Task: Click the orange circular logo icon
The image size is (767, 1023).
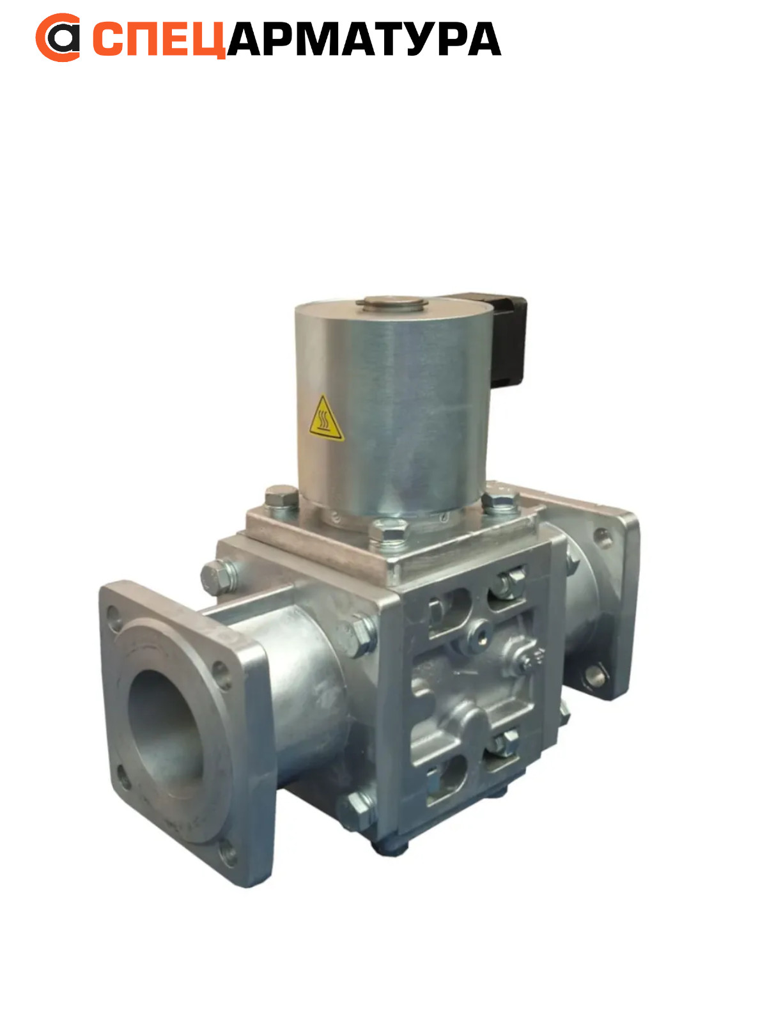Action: [58, 38]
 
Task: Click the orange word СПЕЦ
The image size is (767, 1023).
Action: [159, 39]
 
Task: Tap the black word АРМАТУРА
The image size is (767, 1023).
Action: [364, 39]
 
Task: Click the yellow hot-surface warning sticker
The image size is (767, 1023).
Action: [326, 419]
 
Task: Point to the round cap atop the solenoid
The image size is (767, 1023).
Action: [392, 303]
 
